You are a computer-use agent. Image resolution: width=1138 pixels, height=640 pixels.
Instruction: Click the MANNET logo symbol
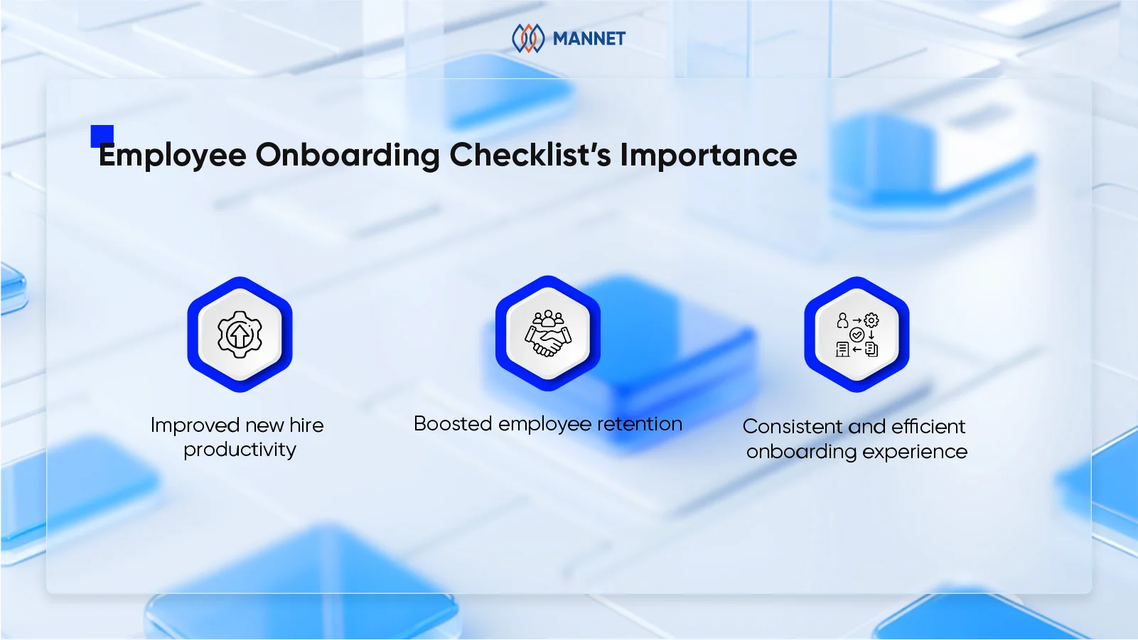[x=528, y=38]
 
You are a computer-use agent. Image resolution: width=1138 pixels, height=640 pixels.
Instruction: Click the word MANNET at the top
[x=589, y=38]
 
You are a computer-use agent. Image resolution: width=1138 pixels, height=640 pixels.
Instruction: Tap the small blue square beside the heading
[x=102, y=136]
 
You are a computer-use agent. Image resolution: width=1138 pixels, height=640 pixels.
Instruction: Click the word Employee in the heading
[x=173, y=156]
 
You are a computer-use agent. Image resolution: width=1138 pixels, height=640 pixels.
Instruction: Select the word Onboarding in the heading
[x=348, y=156]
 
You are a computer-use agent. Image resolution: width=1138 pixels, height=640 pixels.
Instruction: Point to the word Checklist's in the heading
[x=530, y=156]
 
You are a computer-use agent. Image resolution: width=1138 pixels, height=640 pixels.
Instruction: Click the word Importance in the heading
[x=709, y=156]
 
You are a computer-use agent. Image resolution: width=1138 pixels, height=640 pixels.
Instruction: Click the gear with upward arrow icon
[x=240, y=334]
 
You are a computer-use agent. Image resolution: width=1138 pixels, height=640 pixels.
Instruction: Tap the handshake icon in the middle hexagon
[x=547, y=334]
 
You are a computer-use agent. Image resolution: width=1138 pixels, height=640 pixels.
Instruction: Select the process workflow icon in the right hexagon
[x=857, y=334]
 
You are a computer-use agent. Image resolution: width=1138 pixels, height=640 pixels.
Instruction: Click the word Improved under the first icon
[x=195, y=425]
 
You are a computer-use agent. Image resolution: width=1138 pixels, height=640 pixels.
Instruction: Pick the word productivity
[x=240, y=450]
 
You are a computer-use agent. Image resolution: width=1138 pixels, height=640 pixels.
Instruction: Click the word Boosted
[x=453, y=424]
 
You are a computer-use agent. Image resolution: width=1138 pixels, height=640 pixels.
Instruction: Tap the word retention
[x=640, y=424]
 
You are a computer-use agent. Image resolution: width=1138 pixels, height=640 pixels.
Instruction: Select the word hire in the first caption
[x=306, y=425]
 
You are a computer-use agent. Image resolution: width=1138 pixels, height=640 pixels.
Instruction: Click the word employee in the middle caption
[x=544, y=425]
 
